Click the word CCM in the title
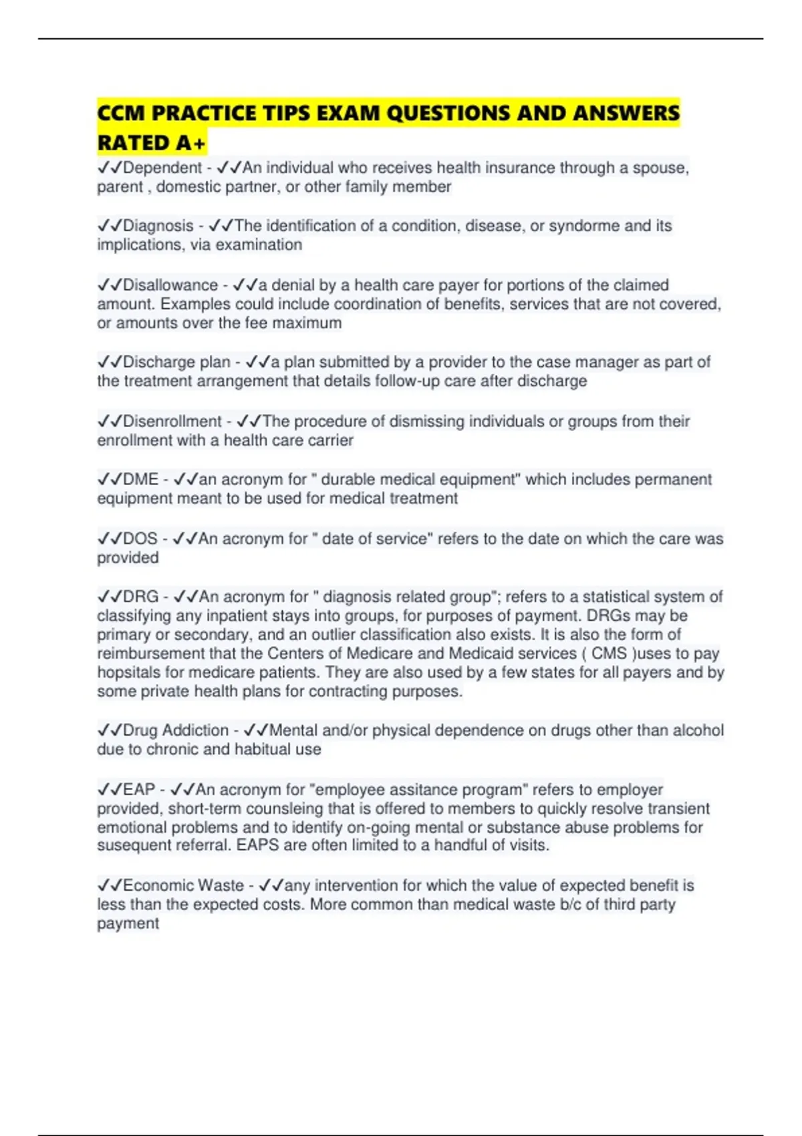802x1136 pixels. click(x=121, y=113)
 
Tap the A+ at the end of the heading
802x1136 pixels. click(x=191, y=143)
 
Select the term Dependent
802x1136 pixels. click(x=162, y=168)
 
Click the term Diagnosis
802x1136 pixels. click(x=158, y=226)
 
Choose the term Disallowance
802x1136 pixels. click(x=170, y=285)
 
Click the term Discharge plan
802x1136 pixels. click(x=176, y=362)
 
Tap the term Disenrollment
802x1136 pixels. click(x=172, y=422)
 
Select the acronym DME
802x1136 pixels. click(x=141, y=480)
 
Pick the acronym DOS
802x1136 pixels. click(x=140, y=539)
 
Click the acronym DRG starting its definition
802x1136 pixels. click(x=141, y=597)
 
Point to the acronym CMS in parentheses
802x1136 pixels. click(x=609, y=654)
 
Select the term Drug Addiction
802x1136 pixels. click(x=176, y=730)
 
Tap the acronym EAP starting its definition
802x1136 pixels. click(x=139, y=790)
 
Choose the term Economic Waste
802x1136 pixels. click(x=183, y=885)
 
